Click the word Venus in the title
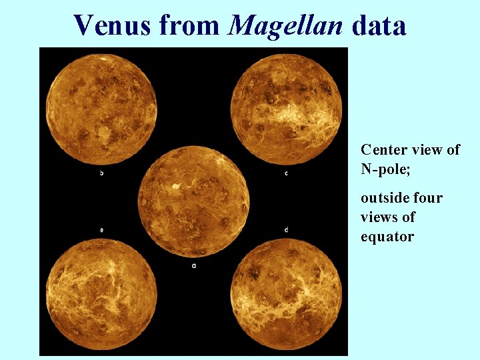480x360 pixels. [113, 25]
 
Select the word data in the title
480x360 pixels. [379, 25]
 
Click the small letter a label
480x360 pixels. [194, 266]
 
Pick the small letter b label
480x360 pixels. [101, 173]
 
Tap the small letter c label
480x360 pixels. [286, 173]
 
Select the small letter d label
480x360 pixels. [286, 230]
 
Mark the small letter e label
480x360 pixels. [101, 230]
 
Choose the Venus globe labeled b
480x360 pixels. [101, 109]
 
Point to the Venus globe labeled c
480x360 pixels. [286, 109]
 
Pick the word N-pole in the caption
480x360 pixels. [385, 169]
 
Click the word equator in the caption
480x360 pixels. [387, 237]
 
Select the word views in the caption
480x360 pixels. [378, 217]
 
